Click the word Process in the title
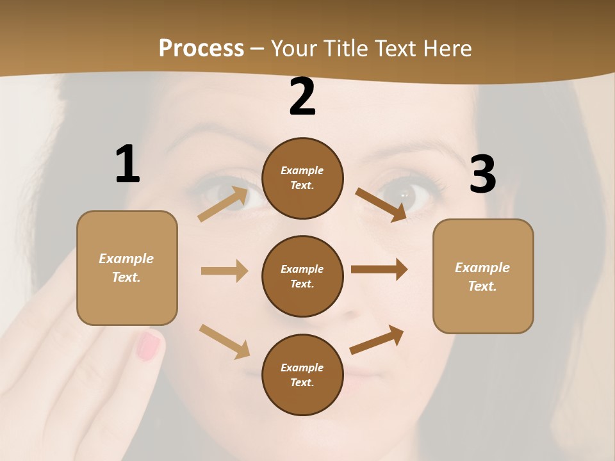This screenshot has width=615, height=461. click(x=201, y=48)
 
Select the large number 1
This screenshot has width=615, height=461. click(x=127, y=164)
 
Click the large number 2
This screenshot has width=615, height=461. click(x=302, y=97)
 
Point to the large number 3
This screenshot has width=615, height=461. click(x=482, y=174)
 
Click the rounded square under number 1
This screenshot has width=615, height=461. click(x=127, y=268)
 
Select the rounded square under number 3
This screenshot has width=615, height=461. click(x=483, y=277)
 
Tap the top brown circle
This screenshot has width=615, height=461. click(x=302, y=178)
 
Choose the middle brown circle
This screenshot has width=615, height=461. click(x=302, y=277)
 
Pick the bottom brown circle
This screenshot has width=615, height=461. click(x=302, y=375)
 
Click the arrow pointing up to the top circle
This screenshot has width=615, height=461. click(x=224, y=204)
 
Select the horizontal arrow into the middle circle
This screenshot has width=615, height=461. click(x=224, y=271)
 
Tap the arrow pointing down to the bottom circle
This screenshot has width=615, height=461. click(x=224, y=341)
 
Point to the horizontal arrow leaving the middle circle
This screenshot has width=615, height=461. click(x=379, y=270)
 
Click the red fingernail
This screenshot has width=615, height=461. click(x=149, y=346)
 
